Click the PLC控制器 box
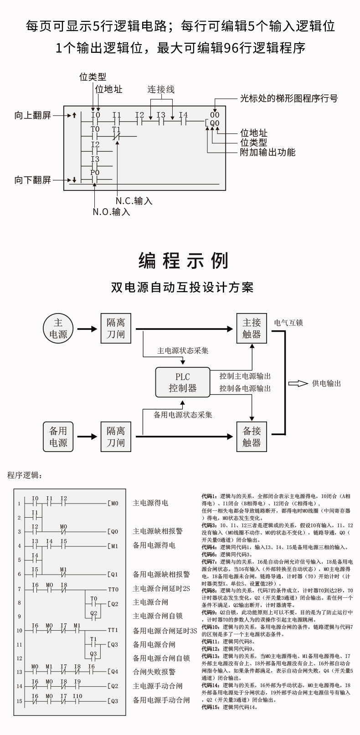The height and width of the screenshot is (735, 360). click(182, 382)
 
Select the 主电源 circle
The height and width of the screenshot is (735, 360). click(58, 329)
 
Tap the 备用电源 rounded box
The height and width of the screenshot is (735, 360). click(58, 437)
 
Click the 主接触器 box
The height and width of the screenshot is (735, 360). click(252, 329)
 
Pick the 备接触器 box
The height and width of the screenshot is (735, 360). click(252, 437)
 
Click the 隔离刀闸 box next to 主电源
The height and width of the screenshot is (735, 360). click(116, 329)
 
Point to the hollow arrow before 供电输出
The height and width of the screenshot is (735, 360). click(298, 384)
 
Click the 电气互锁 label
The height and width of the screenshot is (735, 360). click(288, 323)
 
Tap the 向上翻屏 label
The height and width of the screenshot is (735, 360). click(32, 115)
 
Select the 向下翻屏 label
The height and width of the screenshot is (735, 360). click(32, 180)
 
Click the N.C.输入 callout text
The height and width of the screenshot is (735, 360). click(134, 200)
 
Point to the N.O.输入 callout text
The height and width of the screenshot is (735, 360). click(111, 212)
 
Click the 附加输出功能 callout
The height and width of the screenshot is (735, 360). click(267, 152)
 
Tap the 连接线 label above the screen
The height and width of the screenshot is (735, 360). click(160, 90)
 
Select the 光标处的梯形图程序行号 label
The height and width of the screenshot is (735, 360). click(289, 98)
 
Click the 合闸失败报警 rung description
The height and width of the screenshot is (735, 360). click(154, 672)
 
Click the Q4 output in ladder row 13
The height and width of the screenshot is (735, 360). click(113, 672)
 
